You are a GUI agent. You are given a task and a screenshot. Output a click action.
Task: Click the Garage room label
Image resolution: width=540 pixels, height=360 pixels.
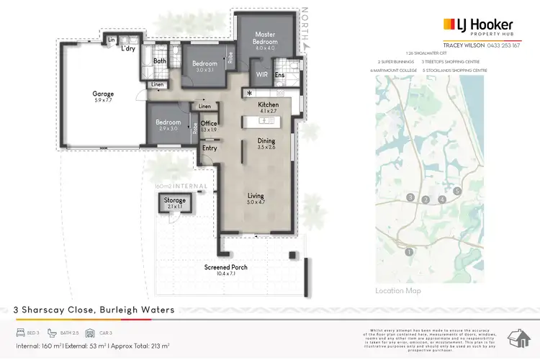point(103,94)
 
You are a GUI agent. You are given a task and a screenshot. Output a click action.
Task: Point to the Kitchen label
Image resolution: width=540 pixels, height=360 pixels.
point(268,105)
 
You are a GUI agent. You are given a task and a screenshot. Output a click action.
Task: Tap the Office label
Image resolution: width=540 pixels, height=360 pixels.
point(209,124)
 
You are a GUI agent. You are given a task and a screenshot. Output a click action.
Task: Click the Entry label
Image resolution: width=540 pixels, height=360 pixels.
point(210,148)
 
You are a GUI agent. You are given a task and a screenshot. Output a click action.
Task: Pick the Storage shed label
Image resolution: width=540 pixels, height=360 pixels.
point(175,201)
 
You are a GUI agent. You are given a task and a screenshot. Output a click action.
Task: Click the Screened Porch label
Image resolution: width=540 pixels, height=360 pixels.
point(226,267)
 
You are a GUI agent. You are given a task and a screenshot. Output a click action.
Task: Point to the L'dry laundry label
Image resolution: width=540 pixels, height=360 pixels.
point(128,49)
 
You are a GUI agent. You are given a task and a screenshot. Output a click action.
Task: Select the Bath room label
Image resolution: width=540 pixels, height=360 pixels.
point(160,61)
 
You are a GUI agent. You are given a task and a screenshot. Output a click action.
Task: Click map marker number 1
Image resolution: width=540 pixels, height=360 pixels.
point(409,251)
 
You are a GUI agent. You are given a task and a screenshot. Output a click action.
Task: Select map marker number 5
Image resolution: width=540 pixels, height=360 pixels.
point(457,191)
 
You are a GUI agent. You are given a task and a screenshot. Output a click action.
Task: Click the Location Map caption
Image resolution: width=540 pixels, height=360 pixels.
point(397,291)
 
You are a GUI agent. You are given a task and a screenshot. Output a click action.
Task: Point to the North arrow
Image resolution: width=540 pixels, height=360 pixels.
point(305,29)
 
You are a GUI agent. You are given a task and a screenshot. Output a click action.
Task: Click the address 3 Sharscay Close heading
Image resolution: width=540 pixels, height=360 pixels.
point(94,310)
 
